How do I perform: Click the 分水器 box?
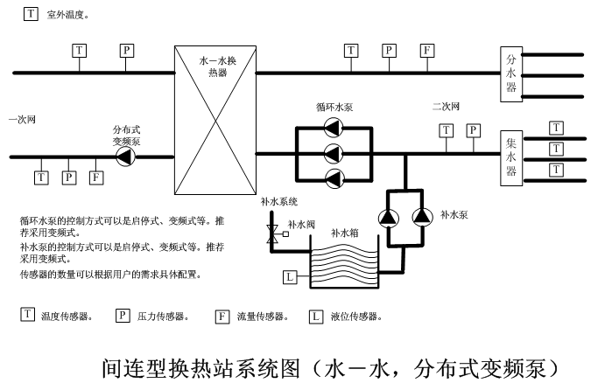[x=512, y=75]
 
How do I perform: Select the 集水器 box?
[x=512, y=157]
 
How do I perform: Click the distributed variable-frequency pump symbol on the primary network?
[x=126, y=157]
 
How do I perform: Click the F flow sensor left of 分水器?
[x=426, y=50]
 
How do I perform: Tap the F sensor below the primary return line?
[x=96, y=178]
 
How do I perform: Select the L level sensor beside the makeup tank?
[x=291, y=278]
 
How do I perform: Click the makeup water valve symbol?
[x=273, y=234]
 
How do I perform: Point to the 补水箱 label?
[x=344, y=233]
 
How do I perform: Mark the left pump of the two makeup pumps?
[x=388, y=216]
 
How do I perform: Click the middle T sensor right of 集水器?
[x=556, y=148]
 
